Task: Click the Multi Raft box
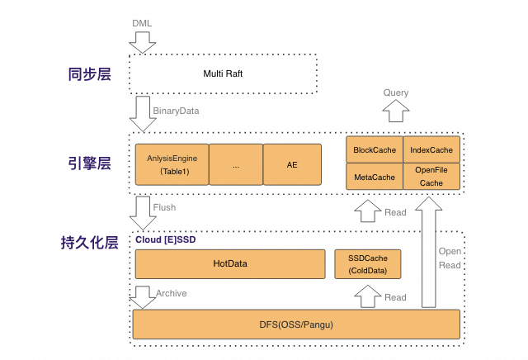point(223,74)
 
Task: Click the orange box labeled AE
point(292,164)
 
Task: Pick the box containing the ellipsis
point(236,164)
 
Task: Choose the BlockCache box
point(375,149)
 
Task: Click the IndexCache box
point(431,149)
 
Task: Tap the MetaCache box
point(375,176)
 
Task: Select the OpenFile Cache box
point(431,176)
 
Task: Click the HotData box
point(230,264)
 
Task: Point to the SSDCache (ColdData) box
point(367,264)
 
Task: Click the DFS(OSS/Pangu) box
point(296,324)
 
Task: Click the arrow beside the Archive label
point(142,296)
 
